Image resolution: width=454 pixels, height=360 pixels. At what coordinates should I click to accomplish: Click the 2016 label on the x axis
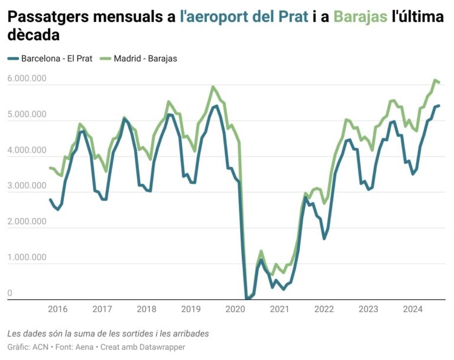(57, 309)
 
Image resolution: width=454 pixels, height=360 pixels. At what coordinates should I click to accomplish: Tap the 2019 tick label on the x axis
(190, 309)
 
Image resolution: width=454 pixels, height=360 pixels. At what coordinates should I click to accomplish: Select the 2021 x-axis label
(280, 309)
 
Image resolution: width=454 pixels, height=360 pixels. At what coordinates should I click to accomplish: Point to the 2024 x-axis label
(413, 309)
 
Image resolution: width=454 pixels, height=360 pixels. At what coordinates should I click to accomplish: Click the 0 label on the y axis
(10, 293)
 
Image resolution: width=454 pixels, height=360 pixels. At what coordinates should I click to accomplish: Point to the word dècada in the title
(34, 35)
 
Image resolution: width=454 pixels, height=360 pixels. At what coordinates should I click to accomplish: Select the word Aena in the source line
(85, 347)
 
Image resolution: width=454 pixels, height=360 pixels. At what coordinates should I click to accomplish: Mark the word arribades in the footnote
(189, 333)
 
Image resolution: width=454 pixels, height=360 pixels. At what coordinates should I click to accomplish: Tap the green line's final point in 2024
(439, 82)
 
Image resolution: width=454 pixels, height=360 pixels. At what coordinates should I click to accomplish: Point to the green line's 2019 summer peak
(213, 87)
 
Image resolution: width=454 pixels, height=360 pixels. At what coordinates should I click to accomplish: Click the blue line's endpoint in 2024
(439, 106)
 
